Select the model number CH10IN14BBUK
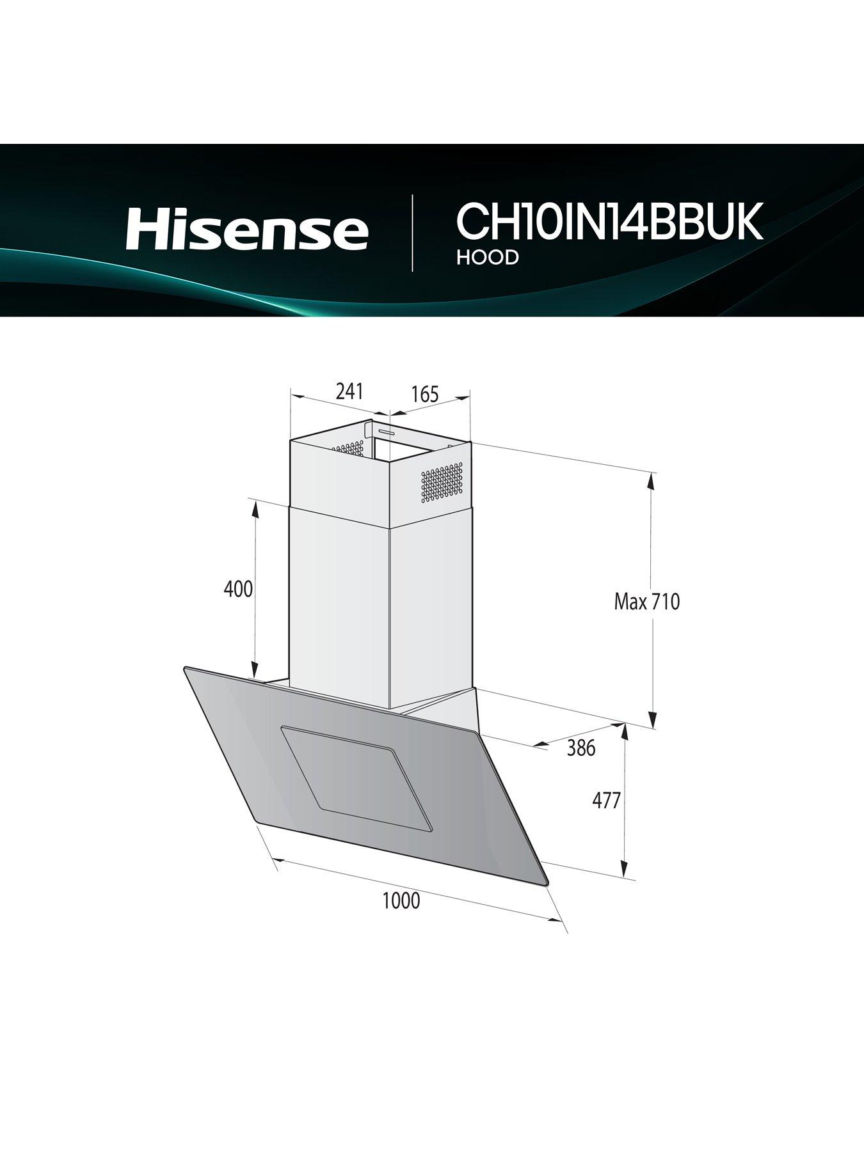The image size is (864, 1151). point(609,222)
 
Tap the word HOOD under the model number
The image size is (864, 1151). point(487,257)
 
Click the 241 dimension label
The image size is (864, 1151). point(349,391)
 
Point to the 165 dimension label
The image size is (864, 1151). point(425,395)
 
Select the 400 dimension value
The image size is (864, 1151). point(238,588)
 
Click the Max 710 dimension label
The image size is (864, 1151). point(646,602)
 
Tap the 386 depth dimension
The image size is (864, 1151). point(581,748)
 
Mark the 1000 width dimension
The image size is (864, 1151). point(401,900)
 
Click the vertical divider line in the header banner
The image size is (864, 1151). point(412,233)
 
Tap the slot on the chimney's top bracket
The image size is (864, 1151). point(387,432)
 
